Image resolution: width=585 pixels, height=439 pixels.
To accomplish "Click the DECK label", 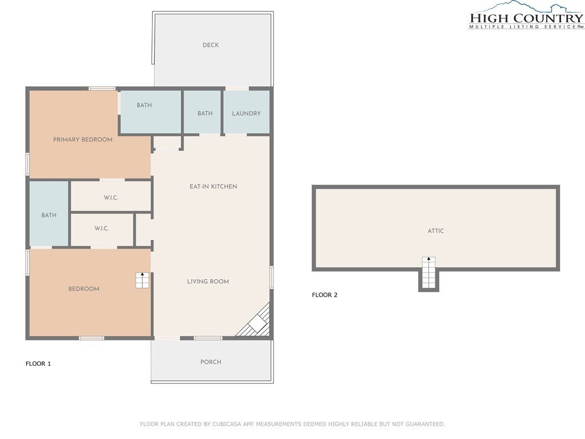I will pos(210,45).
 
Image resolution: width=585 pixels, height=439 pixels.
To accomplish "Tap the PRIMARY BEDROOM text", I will pos(83,139).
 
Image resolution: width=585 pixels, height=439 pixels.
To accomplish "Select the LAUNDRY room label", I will pos(246,113).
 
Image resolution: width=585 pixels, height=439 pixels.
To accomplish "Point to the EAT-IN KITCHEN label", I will pos(213,186).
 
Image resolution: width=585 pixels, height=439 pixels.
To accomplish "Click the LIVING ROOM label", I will pos(208,281).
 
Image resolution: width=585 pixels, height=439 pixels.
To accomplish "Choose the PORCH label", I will pos(210,362).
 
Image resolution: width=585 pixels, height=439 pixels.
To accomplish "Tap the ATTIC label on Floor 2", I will pos(435,231).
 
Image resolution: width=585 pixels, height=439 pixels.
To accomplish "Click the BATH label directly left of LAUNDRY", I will pos(205,113).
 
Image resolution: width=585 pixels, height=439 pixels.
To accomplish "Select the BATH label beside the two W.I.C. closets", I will pos(49,215).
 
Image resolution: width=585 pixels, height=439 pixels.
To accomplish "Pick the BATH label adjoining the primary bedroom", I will pos(144,105).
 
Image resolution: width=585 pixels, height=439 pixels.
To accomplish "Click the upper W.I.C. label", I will pos(111,198).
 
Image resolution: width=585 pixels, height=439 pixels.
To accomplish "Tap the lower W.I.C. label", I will pos(102,229).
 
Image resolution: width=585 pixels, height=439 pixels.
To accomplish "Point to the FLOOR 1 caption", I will pos(38,364).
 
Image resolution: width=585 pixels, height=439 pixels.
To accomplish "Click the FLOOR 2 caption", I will pos(324,295).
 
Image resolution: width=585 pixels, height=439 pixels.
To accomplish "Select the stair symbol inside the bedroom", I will pos(142,280).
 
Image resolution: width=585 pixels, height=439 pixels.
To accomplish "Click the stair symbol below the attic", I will pos(428,273).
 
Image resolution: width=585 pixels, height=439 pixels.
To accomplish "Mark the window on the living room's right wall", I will pos(271,277).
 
